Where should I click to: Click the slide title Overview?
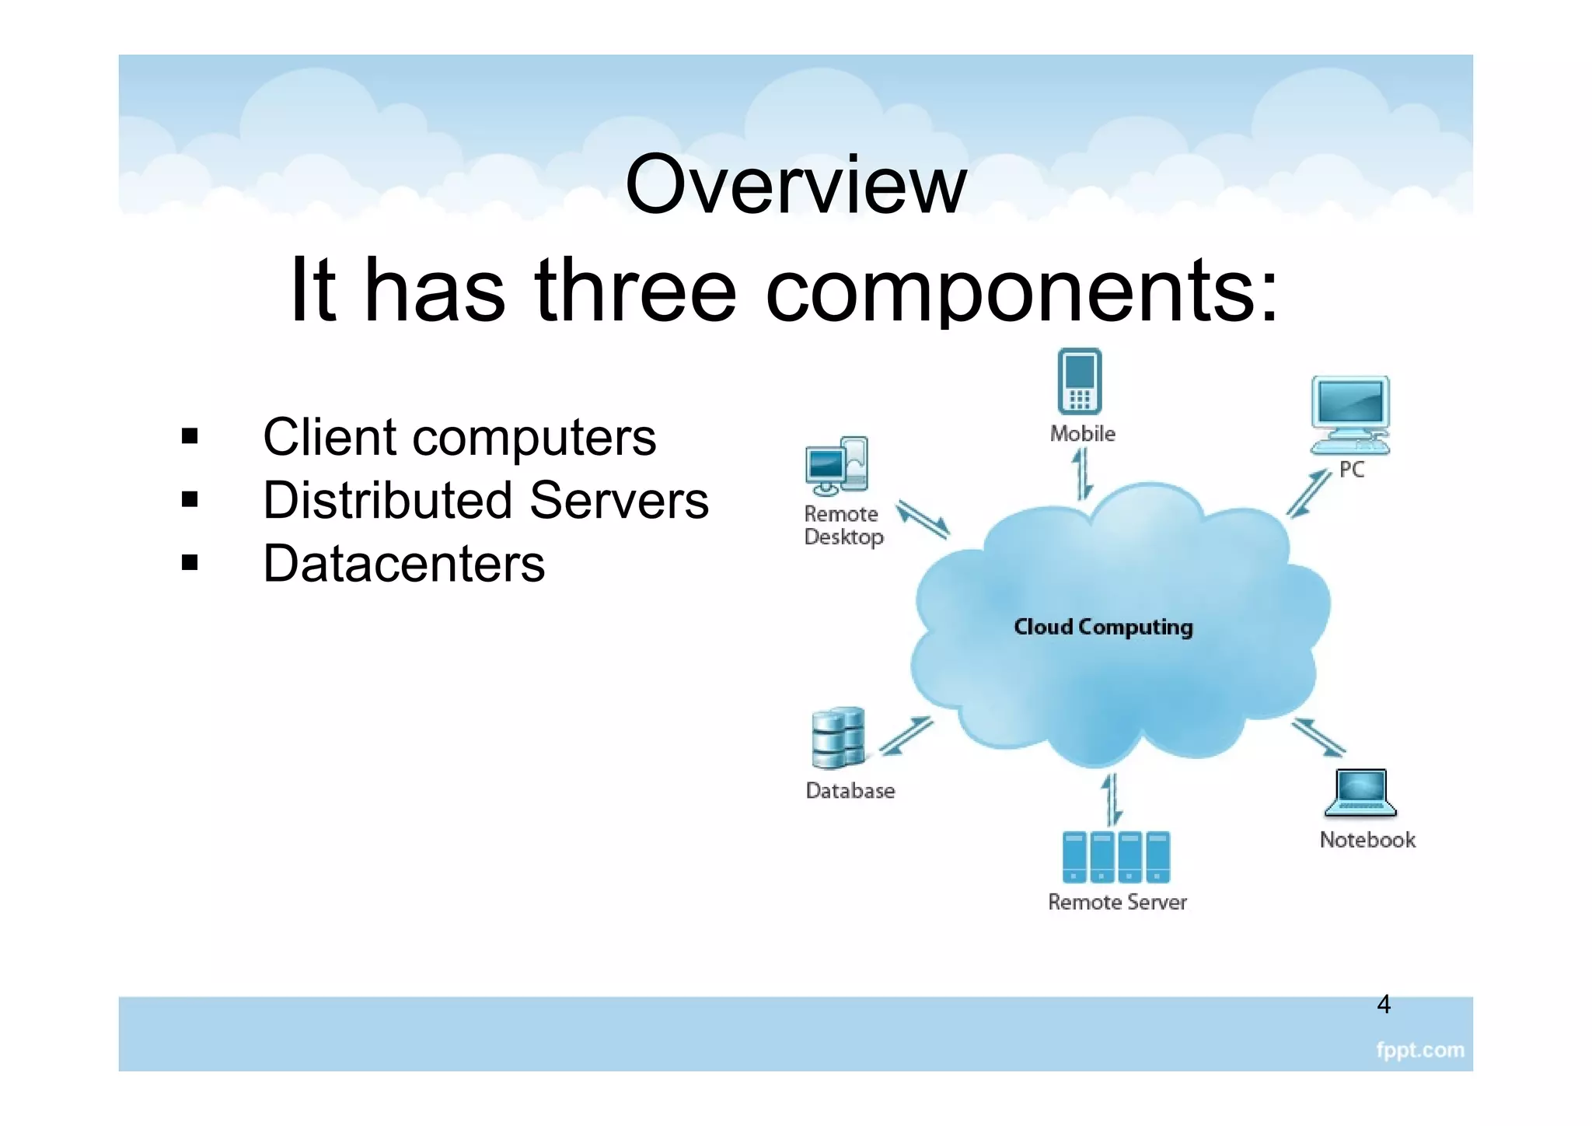(x=795, y=185)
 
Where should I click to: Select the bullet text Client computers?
(x=459, y=437)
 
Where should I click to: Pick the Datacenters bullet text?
(x=403, y=564)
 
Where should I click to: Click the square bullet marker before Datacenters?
(x=190, y=562)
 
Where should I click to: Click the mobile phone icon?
(x=1079, y=381)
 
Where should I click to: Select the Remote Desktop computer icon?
(x=836, y=465)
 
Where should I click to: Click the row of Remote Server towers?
(x=1115, y=857)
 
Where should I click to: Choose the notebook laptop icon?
(x=1360, y=793)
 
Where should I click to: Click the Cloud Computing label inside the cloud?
(x=1102, y=627)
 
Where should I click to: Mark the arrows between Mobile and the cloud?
(x=1082, y=474)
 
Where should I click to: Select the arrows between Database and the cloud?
(x=906, y=735)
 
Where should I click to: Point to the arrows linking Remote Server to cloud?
(x=1112, y=799)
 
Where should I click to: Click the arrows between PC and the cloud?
(x=1309, y=493)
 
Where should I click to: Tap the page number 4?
(x=1383, y=1005)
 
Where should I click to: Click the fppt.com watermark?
(x=1419, y=1051)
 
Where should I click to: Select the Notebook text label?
(x=1367, y=840)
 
